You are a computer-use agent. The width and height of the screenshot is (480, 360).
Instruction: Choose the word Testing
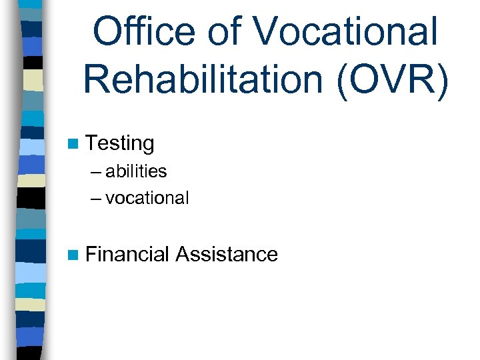tap(120, 143)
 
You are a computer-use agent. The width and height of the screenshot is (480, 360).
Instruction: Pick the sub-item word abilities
tap(135, 171)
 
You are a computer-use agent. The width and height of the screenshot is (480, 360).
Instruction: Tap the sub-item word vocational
tap(147, 198)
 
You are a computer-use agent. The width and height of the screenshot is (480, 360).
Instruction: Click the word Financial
tap(127, 254)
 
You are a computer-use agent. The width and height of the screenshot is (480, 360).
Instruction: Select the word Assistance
tap(227, 254)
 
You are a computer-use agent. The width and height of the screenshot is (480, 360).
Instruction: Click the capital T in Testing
tap(92, 143)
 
